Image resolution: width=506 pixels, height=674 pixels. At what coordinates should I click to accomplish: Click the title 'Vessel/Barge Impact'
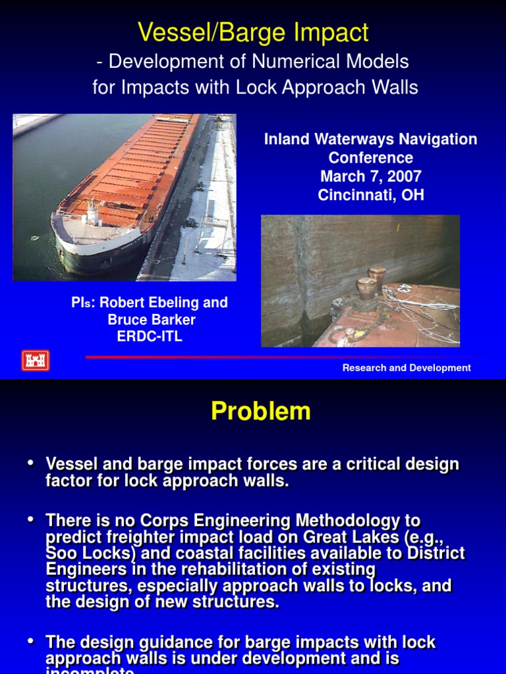point(253,32)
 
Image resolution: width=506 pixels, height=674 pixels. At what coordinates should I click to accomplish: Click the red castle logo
point(36,361)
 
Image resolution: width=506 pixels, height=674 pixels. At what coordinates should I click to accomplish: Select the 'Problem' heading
point(260,411)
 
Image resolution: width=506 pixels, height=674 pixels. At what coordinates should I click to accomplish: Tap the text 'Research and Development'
point(406,368)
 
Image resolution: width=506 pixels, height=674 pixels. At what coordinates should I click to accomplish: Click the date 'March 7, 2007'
point(370,176)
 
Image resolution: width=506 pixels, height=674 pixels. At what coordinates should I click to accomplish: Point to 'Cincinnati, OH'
point(370,195)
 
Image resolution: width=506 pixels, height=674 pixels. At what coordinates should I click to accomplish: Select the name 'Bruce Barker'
point(152,320)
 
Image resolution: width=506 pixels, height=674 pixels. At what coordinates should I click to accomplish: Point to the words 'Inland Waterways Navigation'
point(370,140)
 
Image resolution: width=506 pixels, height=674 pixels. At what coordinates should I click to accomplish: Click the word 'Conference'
point(370,158)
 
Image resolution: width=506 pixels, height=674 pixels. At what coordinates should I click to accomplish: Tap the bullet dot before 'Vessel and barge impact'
point(30,464)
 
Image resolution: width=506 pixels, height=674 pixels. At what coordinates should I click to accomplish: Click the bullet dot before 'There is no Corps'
point(30,520)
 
